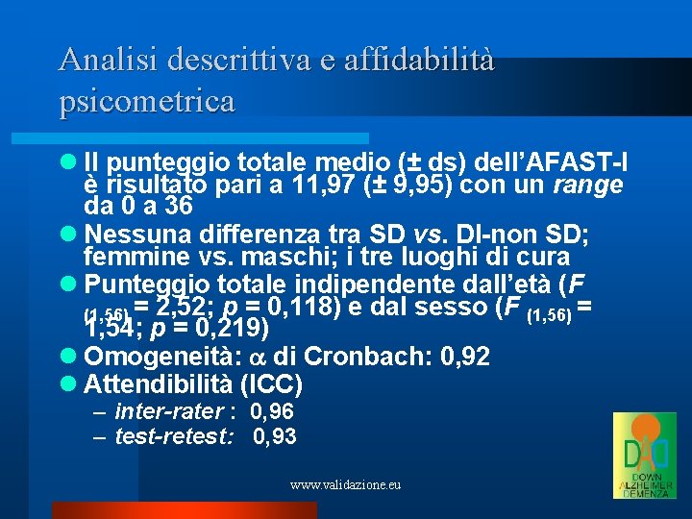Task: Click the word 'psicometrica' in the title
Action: [146, 101]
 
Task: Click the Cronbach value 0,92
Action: [464, 358]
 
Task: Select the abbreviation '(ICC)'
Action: [271, 386]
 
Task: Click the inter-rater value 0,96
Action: [272, 412]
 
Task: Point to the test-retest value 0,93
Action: [275, 437]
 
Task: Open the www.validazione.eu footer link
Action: [345, 485]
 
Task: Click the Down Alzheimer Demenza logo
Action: [645, 456]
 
